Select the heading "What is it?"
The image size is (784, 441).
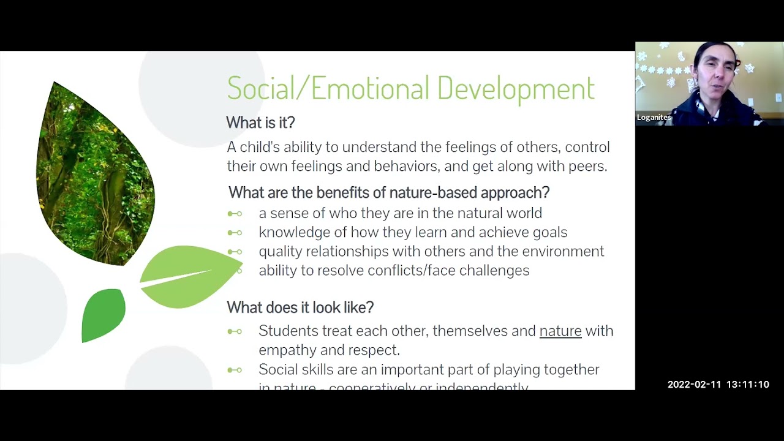point(260,123)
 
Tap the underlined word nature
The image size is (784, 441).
point(560,331)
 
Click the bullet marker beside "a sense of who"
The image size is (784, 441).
point(235,214)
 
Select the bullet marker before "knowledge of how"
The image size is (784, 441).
point(235,233)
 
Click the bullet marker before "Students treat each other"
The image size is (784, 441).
point(235,331)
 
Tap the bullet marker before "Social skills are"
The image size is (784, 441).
point(235,370)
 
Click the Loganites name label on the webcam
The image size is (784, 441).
point(654,118)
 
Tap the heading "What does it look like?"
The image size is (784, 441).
point(300,307)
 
